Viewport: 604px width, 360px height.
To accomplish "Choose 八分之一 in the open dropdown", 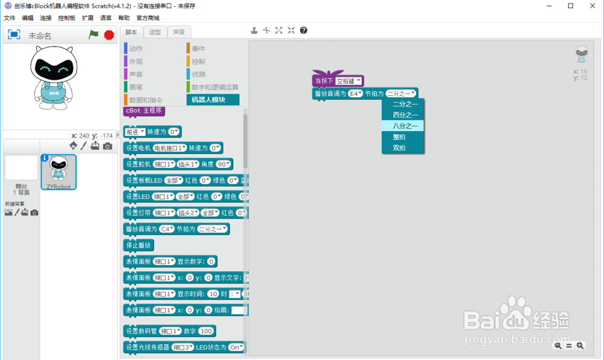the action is [x=403, y=126].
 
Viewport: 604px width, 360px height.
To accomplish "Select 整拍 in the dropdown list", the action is [x=399, y=137].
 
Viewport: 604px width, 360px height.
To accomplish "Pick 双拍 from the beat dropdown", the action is [x=399, y=147].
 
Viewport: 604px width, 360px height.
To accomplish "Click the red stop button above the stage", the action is [x=109, y=35].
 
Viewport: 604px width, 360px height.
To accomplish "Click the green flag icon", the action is [x=94, y=35].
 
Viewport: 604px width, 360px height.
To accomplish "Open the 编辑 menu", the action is [x=28, y=18].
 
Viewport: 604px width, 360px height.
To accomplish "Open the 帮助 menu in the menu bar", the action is [x=124, y=18].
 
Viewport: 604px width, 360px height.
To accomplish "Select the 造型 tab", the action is [x=155, y=32].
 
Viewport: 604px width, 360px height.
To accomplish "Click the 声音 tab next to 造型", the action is [x=179, y=32].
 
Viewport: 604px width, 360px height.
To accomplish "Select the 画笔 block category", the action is [x=136, y=87].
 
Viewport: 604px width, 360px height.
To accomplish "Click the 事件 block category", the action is [x=198, y=48].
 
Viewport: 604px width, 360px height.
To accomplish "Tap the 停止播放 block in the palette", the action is [x=139, y=245].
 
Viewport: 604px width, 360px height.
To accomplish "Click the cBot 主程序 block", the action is [x=144, y=111].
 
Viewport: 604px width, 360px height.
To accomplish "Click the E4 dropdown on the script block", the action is [x=355, y=94].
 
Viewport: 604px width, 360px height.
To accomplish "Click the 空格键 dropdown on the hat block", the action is [x=349, y=81].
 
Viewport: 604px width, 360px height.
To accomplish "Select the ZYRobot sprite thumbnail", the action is [x=59, y=172].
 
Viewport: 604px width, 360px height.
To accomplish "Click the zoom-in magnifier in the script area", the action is [x=580, y=346].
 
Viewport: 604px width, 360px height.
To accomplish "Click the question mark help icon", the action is [x=303, y=30].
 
